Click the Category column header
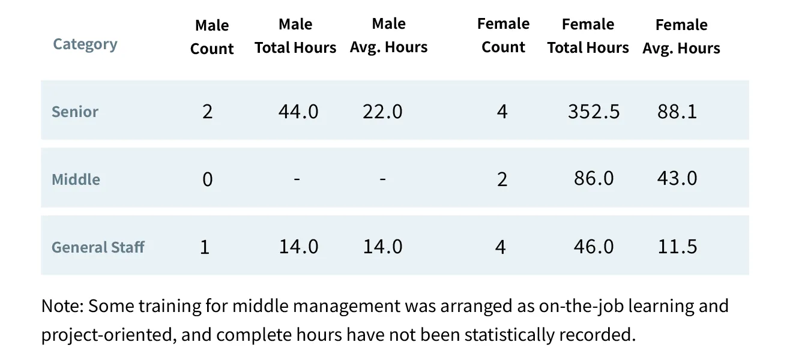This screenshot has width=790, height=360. tap(85, 44)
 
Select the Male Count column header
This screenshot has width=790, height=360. tap(212, 37)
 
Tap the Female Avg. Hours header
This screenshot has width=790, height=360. tap(681, 37)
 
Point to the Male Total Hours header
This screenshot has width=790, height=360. tap(295, 36)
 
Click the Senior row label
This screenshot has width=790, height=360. tap(75, 112)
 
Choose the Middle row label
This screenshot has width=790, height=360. tap(76, 179)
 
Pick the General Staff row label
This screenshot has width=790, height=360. tap(98, 247)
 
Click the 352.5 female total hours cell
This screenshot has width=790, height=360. tap(594, 112)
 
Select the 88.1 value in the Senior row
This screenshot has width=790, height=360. tap(677, 112)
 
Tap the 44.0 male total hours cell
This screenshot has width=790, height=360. tap(298, 112)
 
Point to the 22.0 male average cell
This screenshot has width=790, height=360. tap(382, 112)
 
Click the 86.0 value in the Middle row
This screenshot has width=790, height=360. tap(594, 179)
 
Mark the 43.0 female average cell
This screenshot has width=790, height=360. tap(677, 179)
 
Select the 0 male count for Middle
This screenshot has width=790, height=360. tap(207, 179)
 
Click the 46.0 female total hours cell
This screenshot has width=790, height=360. tap(594, 247)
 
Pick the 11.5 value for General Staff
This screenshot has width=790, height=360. tap(677, 247)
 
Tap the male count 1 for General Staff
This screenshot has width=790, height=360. tap(205, 247)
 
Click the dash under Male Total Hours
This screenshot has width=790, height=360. tap(297, 179)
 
